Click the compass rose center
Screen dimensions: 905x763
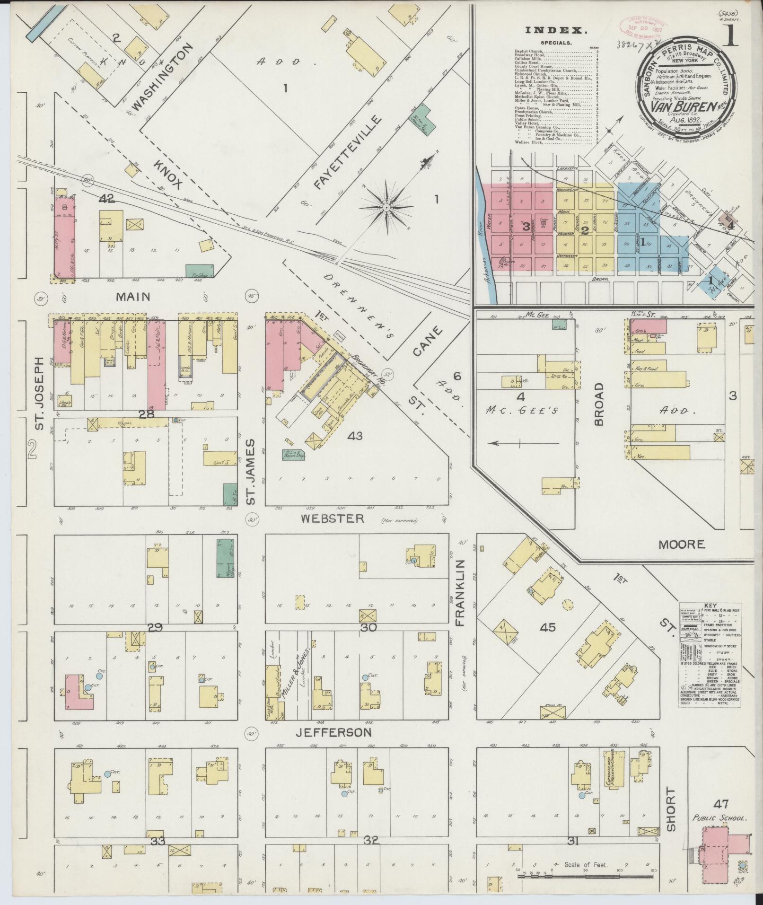[x=386, y=207]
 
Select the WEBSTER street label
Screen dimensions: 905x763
[x=333, y=519]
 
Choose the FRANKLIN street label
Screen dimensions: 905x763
[x=461, y=593]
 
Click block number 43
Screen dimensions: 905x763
[x=355, y=435]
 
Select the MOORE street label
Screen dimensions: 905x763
[x=682, y=545]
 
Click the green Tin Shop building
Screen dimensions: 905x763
[x=199, y=271]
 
